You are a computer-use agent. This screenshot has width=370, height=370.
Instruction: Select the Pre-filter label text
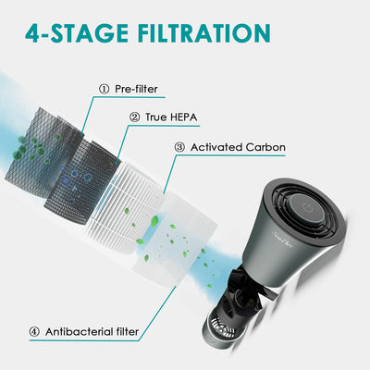[x=136, y=89]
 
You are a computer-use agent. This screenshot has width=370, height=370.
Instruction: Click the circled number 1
[x=105, y=90]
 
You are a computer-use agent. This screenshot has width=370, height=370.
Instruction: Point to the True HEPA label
[x=171, y=117]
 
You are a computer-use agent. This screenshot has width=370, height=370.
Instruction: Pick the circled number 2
[x=134, y=117]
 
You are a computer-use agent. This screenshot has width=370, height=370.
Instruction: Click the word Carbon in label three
[x=265, y=147]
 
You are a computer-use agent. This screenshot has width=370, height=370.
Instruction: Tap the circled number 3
[x=179, y=147]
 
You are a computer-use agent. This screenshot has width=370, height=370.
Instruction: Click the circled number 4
[x=34, y=332]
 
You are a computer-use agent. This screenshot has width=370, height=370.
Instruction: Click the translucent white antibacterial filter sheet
[x=174, y=240]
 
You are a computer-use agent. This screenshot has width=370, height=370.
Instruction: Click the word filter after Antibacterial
[x=128, y=332]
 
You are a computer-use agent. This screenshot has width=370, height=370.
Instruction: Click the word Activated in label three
[x=216, y=147]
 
